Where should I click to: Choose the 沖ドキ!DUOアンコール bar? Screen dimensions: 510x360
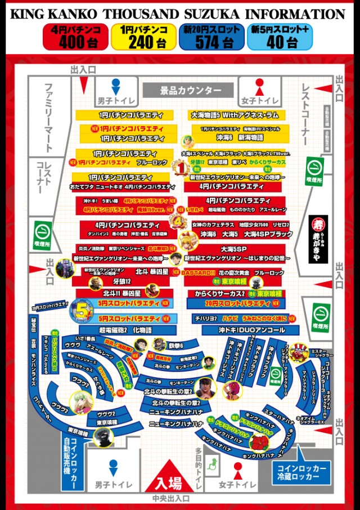click(x=244, y=330)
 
